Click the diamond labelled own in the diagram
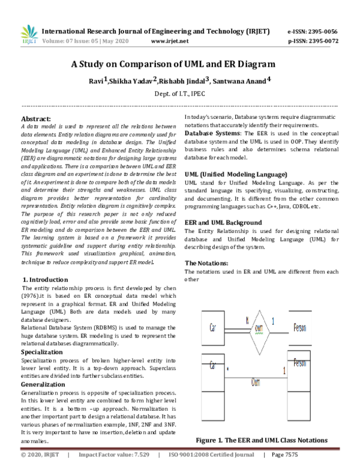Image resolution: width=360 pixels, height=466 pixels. coord(259,328)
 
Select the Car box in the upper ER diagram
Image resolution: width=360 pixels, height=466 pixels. coord(214,328)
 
